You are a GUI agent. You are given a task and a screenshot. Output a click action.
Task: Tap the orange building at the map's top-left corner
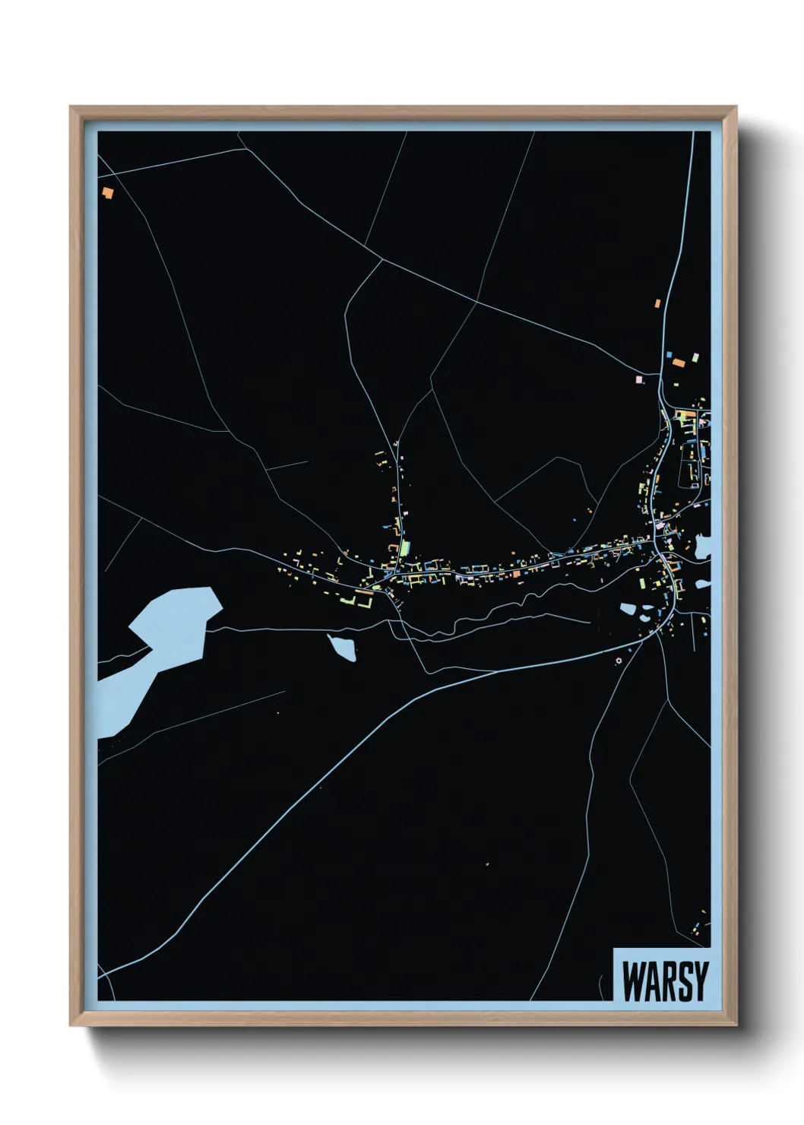pyautogui.click(x=108, y=192)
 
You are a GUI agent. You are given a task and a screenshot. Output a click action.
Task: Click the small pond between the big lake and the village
pyautogui.click(x=343, y=648)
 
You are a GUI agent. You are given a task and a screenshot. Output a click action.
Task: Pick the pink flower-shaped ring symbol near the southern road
pyautogui.click(x=618, y=660)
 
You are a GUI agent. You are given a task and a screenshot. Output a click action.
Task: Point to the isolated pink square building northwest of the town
pyautogui.click(x=639, y=378)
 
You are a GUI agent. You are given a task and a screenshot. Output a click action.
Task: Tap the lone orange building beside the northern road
pyautogui.click(x=657, y=303)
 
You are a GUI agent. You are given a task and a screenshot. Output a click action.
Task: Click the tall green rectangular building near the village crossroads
pyautogui.click(x=405, y=548)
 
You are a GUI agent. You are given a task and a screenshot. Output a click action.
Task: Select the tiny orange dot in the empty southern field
pyautogui.click(x=486, y=864)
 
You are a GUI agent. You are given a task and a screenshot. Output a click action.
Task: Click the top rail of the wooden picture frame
pyautogui.click(x=403, y=112)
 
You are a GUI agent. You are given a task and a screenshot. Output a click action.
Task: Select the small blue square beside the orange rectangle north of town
pyautogui.click(x=669, y=353)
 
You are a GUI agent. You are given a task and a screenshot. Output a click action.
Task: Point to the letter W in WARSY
pyautogui.click(x=631, y=981)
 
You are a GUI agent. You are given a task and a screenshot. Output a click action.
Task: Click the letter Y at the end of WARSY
pyautogui.click(x=700, y=981)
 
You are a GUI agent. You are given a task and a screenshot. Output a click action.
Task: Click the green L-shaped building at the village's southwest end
pyautogui.click(x=366, y=601)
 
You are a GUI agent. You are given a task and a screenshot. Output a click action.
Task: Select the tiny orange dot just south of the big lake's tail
pyautogui.click(x=278, y=712)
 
